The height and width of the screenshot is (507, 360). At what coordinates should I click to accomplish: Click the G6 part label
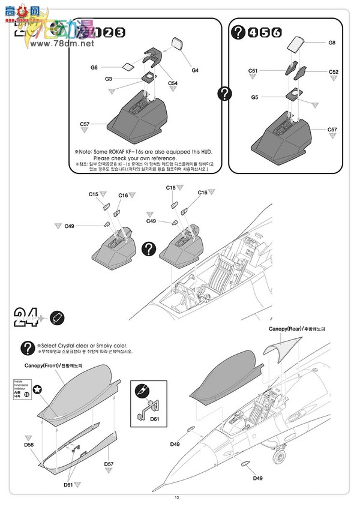[x=94, y=68]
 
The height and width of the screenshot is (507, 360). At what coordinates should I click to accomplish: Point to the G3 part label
[x=108, y=79]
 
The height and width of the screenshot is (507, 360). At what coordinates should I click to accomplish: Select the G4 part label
[x=195, y=70]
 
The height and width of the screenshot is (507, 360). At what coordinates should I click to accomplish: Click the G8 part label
[x=332, y=43]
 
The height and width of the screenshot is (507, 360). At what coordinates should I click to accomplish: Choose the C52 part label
[x=334, y=72]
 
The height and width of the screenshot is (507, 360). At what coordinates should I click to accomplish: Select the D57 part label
[x=109, y=464]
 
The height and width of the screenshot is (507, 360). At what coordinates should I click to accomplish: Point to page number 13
[x=177, y=497]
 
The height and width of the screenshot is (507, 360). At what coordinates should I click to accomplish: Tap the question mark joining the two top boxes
[x=224, y=93]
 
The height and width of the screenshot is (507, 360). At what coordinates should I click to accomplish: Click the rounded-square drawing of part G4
[x=178, y=43]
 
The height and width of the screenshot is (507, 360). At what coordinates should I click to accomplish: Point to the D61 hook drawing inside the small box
[x=146, y=407]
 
